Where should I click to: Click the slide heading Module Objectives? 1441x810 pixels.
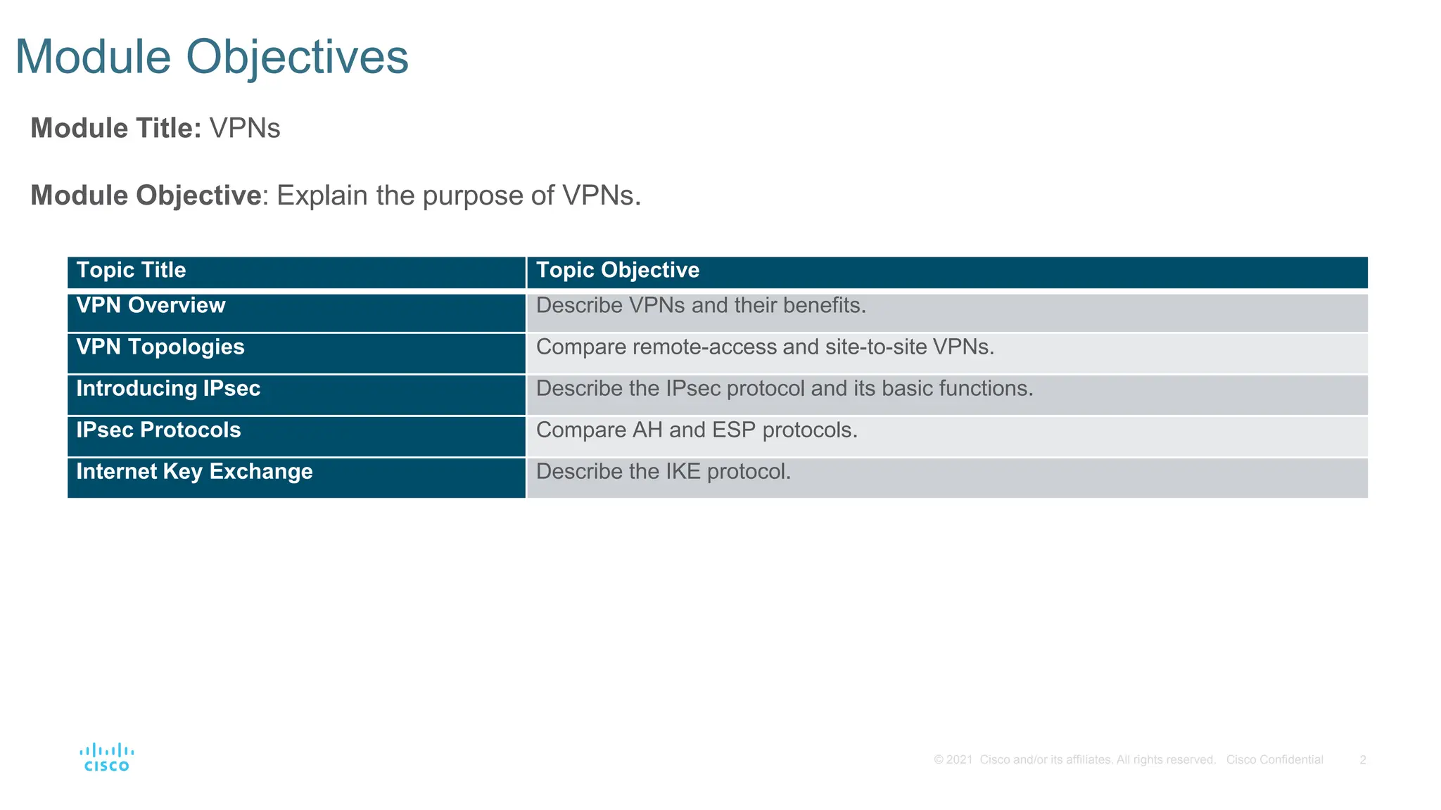click(211, 57)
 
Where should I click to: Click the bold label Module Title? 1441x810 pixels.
click(116, 129)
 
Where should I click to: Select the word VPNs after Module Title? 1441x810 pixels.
click(245, 129)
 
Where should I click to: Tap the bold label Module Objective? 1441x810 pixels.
click(146, 195)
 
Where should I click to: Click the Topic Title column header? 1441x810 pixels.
click(131, 270)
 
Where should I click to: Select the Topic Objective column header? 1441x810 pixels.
click(617, 270)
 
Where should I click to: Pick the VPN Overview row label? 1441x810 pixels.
click(151, 305)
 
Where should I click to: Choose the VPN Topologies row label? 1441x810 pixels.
click(160, 347)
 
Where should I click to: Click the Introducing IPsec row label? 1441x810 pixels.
click(168, 388)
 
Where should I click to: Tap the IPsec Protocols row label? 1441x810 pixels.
click(158, 430)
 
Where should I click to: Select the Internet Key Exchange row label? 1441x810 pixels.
click(194, 471)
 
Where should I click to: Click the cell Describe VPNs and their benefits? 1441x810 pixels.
click(701, 306)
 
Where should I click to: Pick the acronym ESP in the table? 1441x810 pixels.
click(734, 430)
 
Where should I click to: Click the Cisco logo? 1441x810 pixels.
click(106, 758)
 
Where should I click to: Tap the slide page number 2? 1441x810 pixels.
click(1363, 760)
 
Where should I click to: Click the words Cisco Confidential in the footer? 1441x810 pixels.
click(1274, 760)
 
